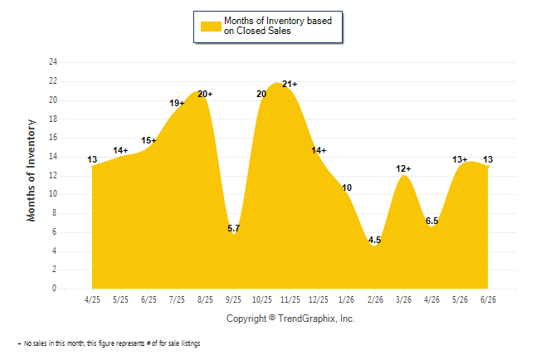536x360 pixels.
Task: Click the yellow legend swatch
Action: [x=211, y=27]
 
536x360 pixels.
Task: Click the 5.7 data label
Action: [x=234, y=228]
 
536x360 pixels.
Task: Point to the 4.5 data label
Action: [x=375, y=240]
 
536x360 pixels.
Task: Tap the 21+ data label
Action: [x=290, y=84]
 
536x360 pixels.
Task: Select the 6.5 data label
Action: [x=431, y=221]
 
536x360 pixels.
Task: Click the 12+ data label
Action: [x=403, y=168]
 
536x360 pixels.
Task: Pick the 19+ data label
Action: [x=177, y=103]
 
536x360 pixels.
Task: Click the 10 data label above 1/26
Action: [x=347, y=187]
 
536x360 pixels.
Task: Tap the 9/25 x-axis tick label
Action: [x=233, y=299]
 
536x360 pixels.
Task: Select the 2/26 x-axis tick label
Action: [x=375, y=299]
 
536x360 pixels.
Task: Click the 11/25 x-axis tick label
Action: [x=290, y=299]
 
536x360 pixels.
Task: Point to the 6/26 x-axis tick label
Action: [x=488, y=299]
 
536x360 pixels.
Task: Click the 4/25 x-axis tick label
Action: [x=92, y=299]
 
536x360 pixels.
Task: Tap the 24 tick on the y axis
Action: [x=53, y=62]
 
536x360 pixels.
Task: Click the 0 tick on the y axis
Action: [x=54, y=288]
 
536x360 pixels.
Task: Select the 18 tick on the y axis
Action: [x=53, y=119]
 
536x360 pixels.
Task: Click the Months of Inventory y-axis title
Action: [x=31, y=170]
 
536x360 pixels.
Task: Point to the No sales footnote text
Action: [x=109, y=343]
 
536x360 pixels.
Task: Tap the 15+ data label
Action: [x=149, y=140]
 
